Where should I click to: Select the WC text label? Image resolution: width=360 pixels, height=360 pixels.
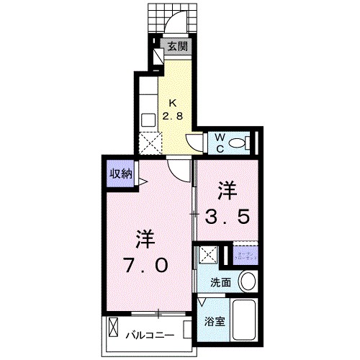pyautogui.click(x=218, y=142)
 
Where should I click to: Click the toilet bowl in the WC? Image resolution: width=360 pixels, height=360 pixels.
pyautogui.click(x=246, y=142)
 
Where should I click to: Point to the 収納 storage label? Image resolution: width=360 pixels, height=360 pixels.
pyautogui.click(x=120, y=173)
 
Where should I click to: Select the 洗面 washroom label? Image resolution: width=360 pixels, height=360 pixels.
pyautogui.click(x=221, y=282)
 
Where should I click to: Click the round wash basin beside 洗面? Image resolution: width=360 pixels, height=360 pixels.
pyautogui.click(x=248, y=282)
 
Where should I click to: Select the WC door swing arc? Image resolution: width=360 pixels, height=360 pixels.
pyautogui.click(x=196, y=140)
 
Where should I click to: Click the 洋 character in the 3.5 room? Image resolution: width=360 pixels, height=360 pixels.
pyautogui.click(x=228, y=191)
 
